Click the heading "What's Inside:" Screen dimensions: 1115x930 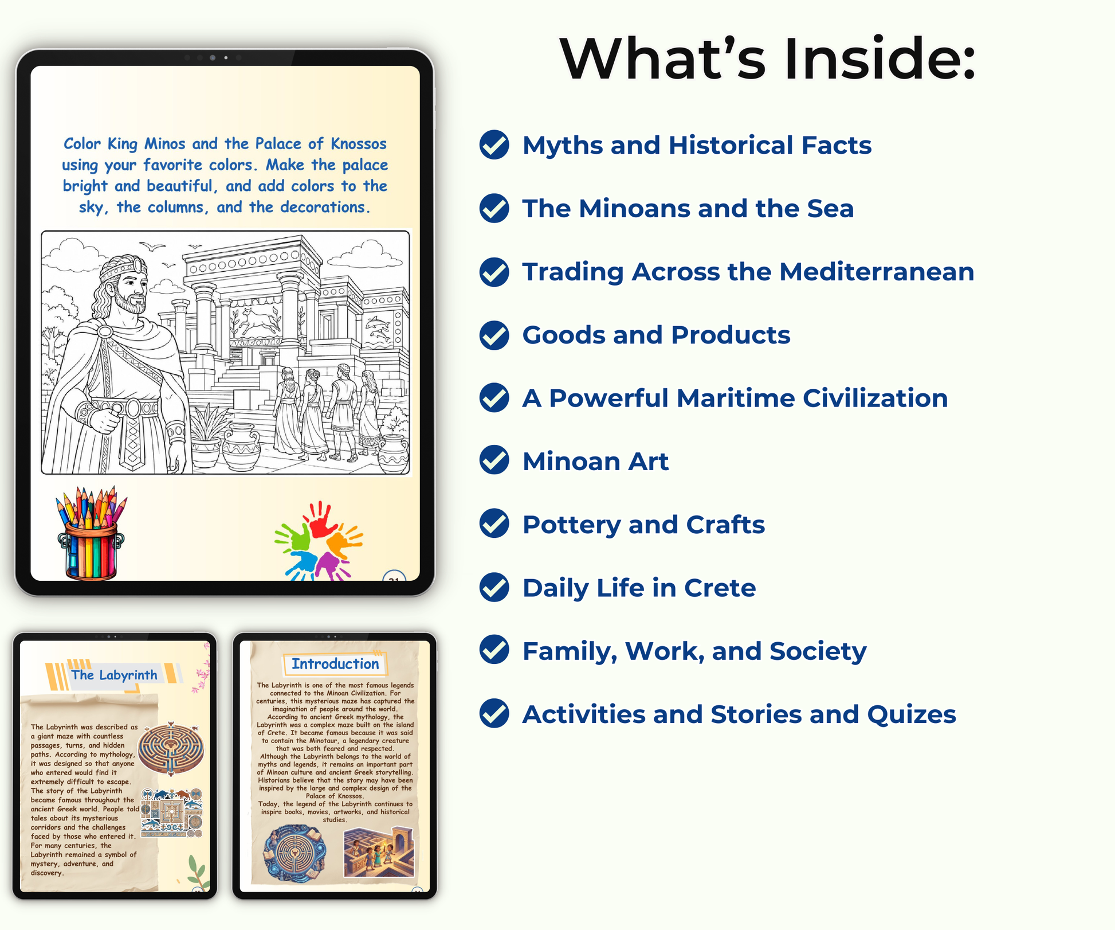(767, 58)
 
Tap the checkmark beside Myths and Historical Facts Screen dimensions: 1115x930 (494, 145)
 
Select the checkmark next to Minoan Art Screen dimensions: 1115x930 (494, 460)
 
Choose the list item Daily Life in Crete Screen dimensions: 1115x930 (639, 588)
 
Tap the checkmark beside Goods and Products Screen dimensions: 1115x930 (494, 335)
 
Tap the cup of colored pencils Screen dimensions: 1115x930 (91, 533)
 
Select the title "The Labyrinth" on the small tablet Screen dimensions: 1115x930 (114, 675)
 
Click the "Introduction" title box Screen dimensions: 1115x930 (335, 664)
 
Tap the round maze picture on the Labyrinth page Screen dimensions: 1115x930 (171, 749)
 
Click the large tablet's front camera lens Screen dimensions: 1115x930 (213, 57)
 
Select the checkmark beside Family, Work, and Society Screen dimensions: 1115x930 (494, 650)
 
